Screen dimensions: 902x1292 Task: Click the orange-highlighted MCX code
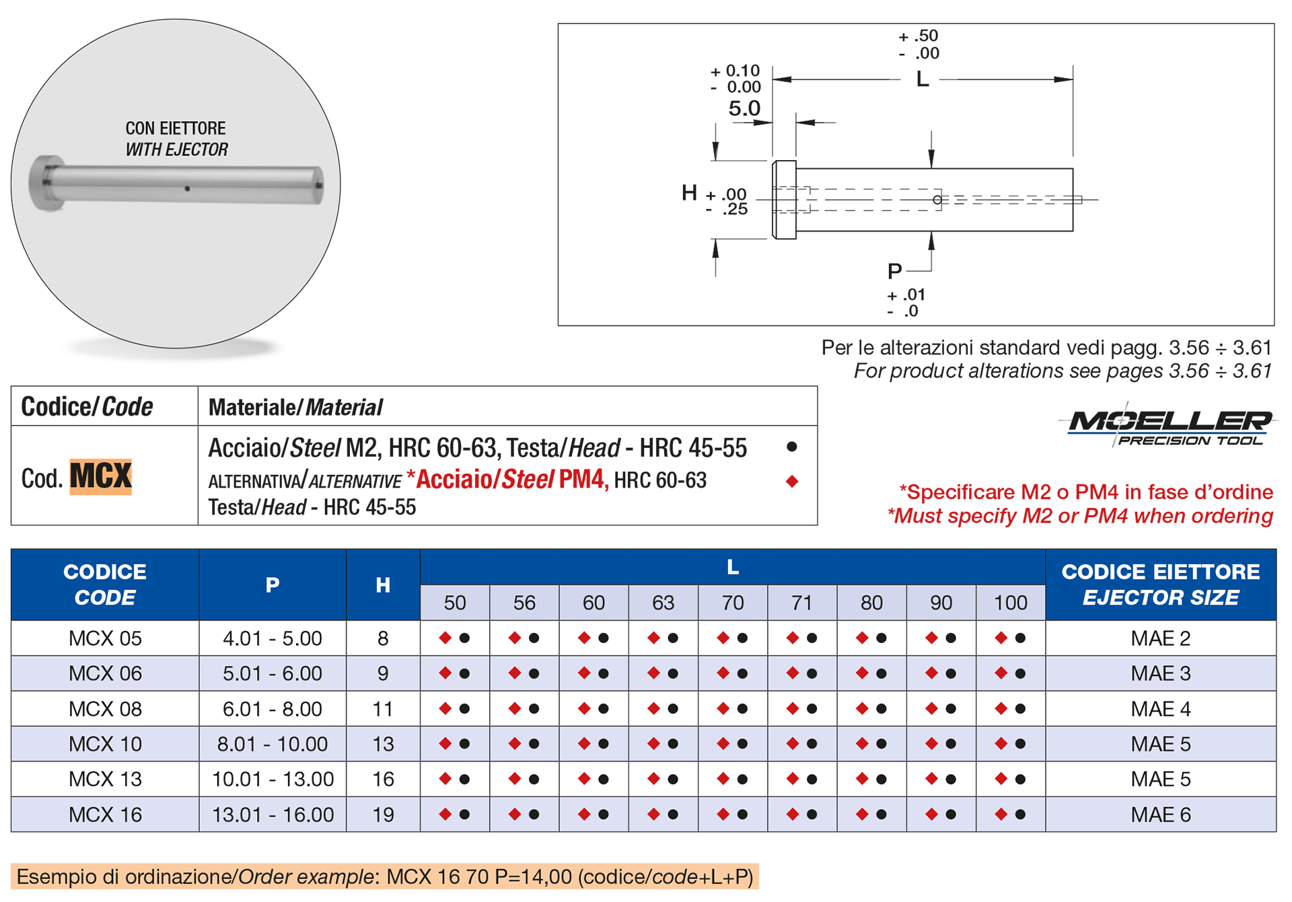[x=101, y=477]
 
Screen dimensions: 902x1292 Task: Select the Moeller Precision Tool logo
[x=1170, y=426]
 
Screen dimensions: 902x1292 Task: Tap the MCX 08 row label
[x=105, y=709]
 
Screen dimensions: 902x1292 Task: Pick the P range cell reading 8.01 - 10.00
[x=272, y=744]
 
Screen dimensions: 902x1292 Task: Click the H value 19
[x=383, y=815]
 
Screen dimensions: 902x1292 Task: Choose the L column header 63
[x=663, y=603]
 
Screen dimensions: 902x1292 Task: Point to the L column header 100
[x=1010, y=603]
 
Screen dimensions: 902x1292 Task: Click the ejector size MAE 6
[x=1160, y=815]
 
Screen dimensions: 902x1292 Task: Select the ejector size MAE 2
[x=1160, y=638]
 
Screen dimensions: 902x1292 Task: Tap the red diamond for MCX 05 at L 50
[x=445, y=638]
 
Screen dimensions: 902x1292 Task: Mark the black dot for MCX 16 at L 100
[x=1020, y=815]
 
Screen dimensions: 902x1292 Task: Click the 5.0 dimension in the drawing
[x=744, y=108]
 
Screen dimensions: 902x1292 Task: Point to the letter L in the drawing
[x=923, y=79]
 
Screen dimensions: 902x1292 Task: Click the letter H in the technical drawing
[x=689, y=193]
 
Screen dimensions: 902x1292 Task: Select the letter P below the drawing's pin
[x=894, y=271]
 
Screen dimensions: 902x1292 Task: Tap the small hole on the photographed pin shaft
[x=187, y=189]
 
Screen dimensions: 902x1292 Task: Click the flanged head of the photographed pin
[x=46, y=183]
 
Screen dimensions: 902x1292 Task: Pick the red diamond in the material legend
[x=792, y=481]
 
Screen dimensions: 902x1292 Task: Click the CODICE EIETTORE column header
[x=1160, y=584]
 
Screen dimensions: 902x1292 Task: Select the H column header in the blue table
[x=383, y=585]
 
